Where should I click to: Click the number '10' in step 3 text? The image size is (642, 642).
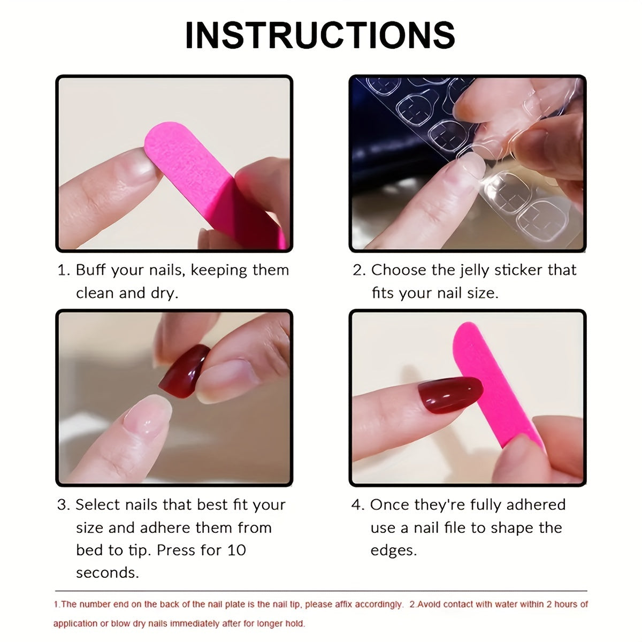click(236, 551)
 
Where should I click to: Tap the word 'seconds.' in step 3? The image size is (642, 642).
click(107, 573)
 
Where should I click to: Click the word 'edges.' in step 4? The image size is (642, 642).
click(393, 551)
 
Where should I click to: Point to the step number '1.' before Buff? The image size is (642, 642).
click(64, 270)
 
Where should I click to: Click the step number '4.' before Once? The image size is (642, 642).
click(357, 505)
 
